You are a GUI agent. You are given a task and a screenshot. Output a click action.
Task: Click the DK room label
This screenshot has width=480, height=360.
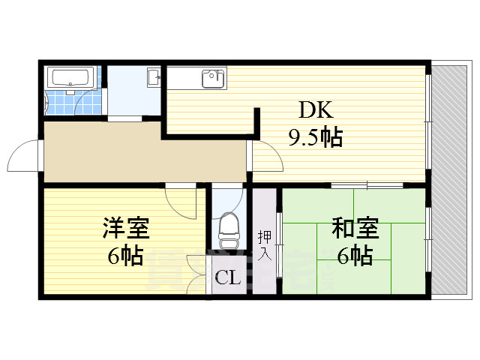point(316,112)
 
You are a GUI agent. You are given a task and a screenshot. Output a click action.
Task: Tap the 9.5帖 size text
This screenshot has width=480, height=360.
point(316,137)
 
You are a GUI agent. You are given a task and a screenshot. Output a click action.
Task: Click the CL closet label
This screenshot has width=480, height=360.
point(227,279)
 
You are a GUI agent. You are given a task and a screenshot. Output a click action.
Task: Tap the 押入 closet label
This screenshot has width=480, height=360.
point(264,245)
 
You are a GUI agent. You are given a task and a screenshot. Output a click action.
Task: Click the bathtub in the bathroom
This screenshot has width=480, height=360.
point(69,77)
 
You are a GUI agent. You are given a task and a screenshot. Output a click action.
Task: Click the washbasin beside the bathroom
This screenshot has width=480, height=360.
point(154,76)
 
